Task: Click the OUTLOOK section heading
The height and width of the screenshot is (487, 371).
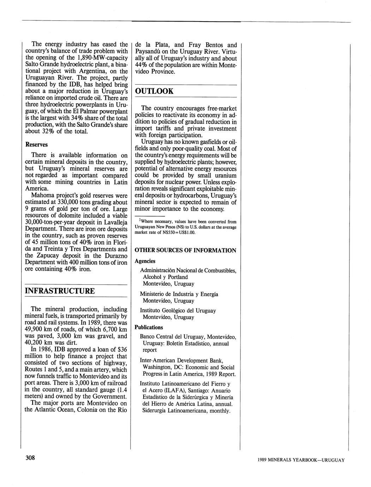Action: (x=154, y=91)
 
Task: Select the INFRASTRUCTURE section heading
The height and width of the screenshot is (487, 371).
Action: (x=60, y=291)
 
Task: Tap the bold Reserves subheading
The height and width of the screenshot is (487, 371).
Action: (x=36, y=145)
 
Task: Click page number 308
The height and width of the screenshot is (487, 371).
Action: (x=30, y=458)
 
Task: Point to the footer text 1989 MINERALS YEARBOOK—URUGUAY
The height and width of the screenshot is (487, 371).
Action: (x=301, y=460)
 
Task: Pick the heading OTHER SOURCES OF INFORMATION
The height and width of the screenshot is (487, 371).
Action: (x=185, y=251)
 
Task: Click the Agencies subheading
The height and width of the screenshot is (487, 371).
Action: (x=145, y=261)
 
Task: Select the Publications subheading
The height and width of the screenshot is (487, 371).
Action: (x=149, y=327)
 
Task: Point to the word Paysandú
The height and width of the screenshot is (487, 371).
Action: (x=148, y=52)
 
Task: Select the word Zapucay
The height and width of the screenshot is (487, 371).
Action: (x=49, y=255)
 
